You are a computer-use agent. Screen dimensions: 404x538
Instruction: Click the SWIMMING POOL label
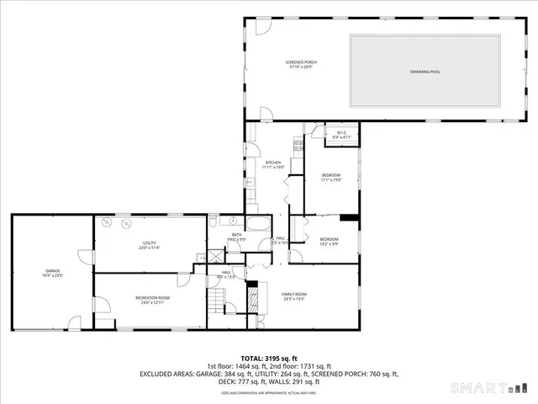click(424, 72)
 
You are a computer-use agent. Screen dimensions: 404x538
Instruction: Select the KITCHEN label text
click(274, 162)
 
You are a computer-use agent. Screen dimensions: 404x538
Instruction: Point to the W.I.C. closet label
click(342, 133)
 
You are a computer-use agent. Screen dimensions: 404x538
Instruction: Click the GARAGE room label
click(52, 271)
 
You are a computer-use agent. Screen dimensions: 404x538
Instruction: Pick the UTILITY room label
click(149, 243)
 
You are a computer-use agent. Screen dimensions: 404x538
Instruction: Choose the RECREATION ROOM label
click(153, 297)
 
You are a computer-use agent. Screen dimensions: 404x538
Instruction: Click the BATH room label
click(225, 235)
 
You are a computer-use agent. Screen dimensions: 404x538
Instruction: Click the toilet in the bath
click(213, 221)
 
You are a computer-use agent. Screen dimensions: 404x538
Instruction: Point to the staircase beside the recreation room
click(218, 301)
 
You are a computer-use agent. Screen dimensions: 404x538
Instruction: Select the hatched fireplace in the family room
click(251, 295)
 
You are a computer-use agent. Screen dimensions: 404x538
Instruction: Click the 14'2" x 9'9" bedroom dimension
click(328, 244)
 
